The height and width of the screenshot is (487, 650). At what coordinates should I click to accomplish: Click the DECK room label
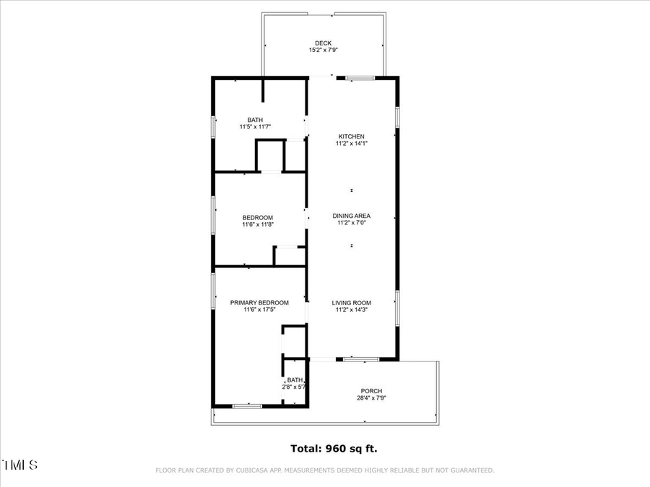point(323,43)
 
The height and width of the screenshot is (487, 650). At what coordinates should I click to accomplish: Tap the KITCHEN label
point(352,136)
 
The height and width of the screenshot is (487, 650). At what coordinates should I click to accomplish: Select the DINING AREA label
point(352,216)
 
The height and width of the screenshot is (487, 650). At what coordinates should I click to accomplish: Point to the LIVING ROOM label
point(352,302)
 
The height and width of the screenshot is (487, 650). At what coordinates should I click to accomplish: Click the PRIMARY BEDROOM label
point(259,302)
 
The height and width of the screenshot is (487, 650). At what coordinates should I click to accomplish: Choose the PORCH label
point(372,391)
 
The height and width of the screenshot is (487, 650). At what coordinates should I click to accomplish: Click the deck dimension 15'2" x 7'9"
point(323,51)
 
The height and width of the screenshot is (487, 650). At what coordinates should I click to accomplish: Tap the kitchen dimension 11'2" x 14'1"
point(352,144)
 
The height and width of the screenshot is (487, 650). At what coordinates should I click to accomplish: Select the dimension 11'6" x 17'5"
point(259,310)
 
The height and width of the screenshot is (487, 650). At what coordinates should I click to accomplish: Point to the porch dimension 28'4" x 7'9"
point(372,398)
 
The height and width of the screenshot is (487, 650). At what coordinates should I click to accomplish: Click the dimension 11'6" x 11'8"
point(258,224)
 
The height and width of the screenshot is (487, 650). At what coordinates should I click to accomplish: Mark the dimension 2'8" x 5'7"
point(295,387)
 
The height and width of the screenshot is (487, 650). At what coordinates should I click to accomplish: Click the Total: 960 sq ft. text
point(334,449)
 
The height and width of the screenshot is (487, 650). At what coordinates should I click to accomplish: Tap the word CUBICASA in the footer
point(265,470)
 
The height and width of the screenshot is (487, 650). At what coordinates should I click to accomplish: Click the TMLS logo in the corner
point(20,465)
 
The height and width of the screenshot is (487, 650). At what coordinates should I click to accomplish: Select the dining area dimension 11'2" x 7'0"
point(352,223)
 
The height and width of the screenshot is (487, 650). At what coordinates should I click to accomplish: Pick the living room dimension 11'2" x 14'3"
point(352,310)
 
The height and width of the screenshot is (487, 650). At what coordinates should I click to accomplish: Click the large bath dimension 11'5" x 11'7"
point(255,127)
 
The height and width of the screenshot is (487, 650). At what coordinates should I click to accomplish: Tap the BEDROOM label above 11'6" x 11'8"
point(258,217)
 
